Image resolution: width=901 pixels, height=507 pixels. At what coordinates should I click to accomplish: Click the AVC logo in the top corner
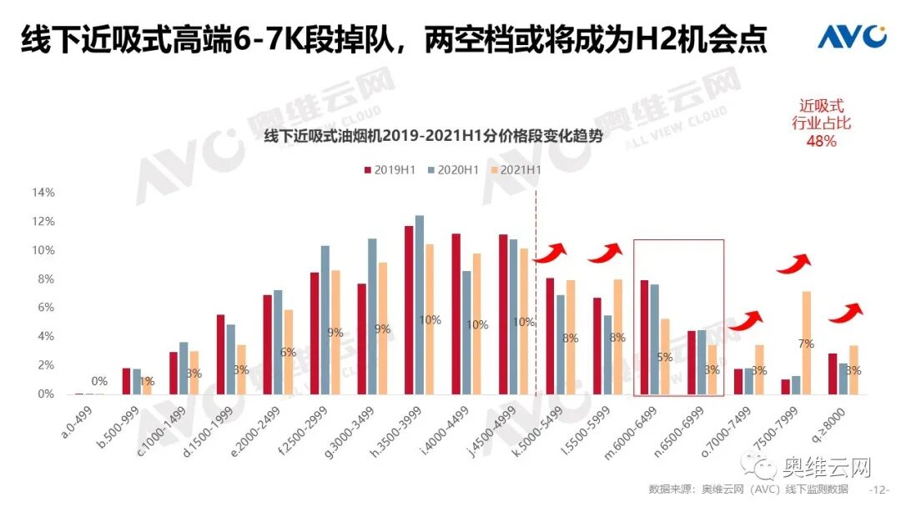point(852,36)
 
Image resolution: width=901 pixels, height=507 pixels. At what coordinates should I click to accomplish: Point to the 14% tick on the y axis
point(43,193)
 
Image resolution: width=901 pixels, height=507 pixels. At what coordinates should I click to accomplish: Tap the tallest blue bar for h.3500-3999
point(420,304)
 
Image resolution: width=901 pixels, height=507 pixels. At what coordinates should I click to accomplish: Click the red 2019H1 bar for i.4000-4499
point(456,314)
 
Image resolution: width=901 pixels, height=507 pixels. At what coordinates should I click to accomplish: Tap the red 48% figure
point(821,141)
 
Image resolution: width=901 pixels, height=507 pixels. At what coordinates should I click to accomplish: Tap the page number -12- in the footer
point(878,489)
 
